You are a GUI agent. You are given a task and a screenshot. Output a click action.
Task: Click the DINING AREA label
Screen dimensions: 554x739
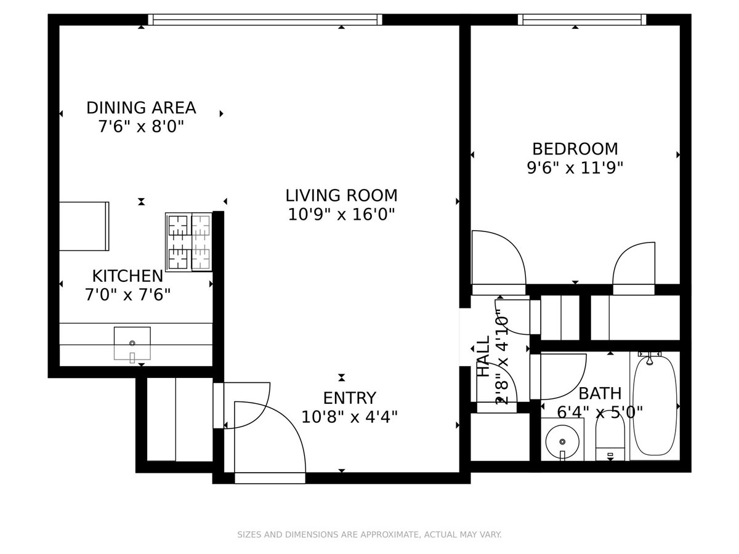pos(141,108)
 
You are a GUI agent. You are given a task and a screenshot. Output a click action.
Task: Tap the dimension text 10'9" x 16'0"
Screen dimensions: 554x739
pos(341,215)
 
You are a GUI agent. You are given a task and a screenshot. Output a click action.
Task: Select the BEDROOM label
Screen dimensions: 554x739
pos(575,149)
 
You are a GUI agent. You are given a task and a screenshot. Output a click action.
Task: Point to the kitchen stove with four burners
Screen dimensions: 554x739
pos(188,242)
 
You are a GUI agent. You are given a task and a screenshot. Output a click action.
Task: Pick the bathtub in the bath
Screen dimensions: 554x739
pos(654,406)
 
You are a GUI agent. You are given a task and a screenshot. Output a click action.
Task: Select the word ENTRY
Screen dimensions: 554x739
pos(349,398)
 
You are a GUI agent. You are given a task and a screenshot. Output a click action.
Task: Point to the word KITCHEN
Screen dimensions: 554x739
pos(127,276)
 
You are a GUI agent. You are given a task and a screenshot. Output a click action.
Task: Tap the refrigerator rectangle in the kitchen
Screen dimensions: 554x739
pos(84,226)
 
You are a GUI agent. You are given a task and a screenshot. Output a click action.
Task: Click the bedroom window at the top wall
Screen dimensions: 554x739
pos(581,20)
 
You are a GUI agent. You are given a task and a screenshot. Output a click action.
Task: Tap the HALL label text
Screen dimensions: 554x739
pos(483,356)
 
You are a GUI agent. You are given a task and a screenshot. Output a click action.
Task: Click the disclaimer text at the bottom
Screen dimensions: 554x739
pos(369,535)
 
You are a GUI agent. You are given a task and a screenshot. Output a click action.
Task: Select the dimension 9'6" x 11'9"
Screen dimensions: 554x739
pos(575,167)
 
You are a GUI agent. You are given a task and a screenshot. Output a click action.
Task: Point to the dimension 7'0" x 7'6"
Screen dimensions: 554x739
pos(127,294)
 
